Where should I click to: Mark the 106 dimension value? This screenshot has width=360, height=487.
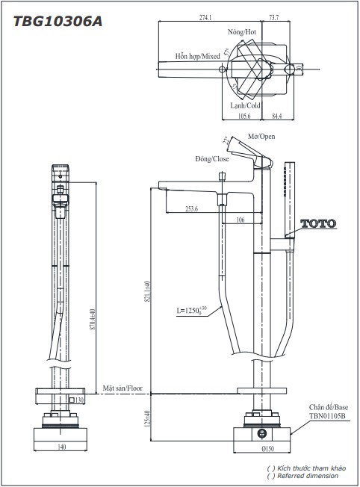[240, 220]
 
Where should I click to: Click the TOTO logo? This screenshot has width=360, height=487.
[318, 223]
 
